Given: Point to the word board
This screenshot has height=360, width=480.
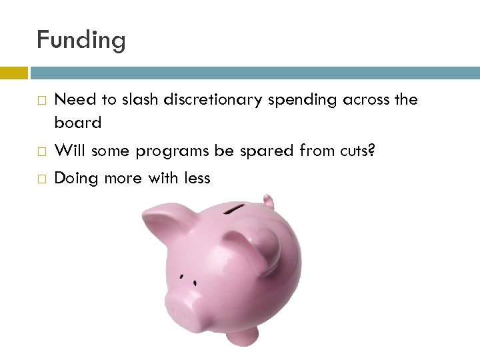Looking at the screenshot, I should tap(77, 123).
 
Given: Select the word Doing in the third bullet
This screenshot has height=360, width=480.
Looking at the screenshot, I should tap(74, 179).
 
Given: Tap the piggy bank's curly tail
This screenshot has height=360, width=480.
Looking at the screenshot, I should tap(269, 201).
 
